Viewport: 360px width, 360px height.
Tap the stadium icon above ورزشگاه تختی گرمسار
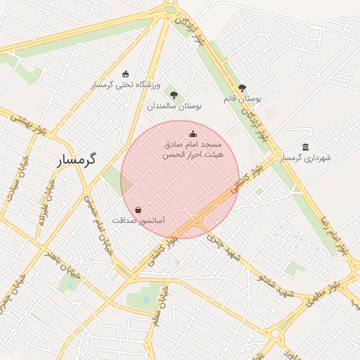(x=126, y=75)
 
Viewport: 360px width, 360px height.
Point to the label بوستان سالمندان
(x=174, y=106)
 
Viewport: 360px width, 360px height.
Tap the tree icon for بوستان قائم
(x=243, y=88)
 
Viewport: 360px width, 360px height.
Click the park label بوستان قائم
(x=243, y=99)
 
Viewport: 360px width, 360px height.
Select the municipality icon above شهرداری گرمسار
(x=304, y=147)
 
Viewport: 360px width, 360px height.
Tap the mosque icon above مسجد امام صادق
(x=193, y=134)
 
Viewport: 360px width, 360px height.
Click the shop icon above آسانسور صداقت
(x=138, y=210)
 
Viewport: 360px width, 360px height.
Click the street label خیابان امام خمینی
(x=98, y=224)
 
